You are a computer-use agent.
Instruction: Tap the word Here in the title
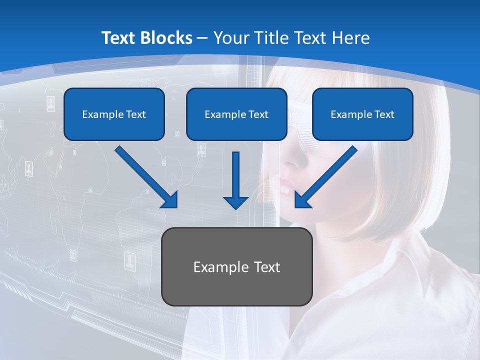coord(351,38)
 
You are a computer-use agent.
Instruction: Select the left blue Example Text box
coord(114,114)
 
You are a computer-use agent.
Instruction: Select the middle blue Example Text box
coord(236,114)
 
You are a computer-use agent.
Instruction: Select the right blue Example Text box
coord(362,114)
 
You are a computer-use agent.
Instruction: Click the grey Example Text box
coord(236,266)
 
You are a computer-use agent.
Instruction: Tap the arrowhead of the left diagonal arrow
coord(170,200)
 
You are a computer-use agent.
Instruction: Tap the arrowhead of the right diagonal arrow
coord(302,200)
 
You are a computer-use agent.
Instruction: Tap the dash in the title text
coord(202,38)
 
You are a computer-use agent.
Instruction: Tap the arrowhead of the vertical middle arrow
coord(235,201)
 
